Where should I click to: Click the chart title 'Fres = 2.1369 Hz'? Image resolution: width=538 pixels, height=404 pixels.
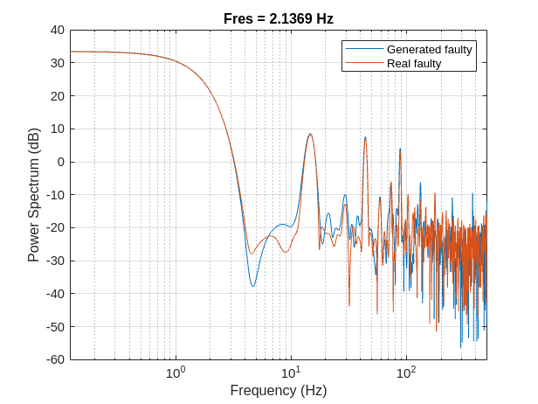coord(278,18)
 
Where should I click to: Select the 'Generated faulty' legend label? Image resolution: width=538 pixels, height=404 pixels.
coord(429,50)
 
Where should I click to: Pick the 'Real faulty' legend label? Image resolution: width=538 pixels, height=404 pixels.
coord(413,63)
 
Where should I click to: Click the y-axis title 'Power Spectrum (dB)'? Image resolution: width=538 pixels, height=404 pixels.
coord(34,195)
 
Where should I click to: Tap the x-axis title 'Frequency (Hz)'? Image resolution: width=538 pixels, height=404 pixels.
coord(278,391)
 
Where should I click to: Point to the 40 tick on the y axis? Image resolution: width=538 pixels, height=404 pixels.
coord(58,30)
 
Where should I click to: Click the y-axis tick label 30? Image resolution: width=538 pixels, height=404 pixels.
coord(58,63)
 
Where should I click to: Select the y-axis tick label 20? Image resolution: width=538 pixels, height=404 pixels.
coord(58,96)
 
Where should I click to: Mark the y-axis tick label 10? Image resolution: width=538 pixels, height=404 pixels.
coord(58,129)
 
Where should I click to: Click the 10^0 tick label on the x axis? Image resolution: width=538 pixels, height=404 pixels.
coord(176,373)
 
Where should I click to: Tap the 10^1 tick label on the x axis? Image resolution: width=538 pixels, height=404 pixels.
coord(291,373)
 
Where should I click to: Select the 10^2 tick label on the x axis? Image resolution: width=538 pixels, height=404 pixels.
coord(405,373)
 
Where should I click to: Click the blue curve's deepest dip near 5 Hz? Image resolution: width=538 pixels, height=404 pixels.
coord(253,286)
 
